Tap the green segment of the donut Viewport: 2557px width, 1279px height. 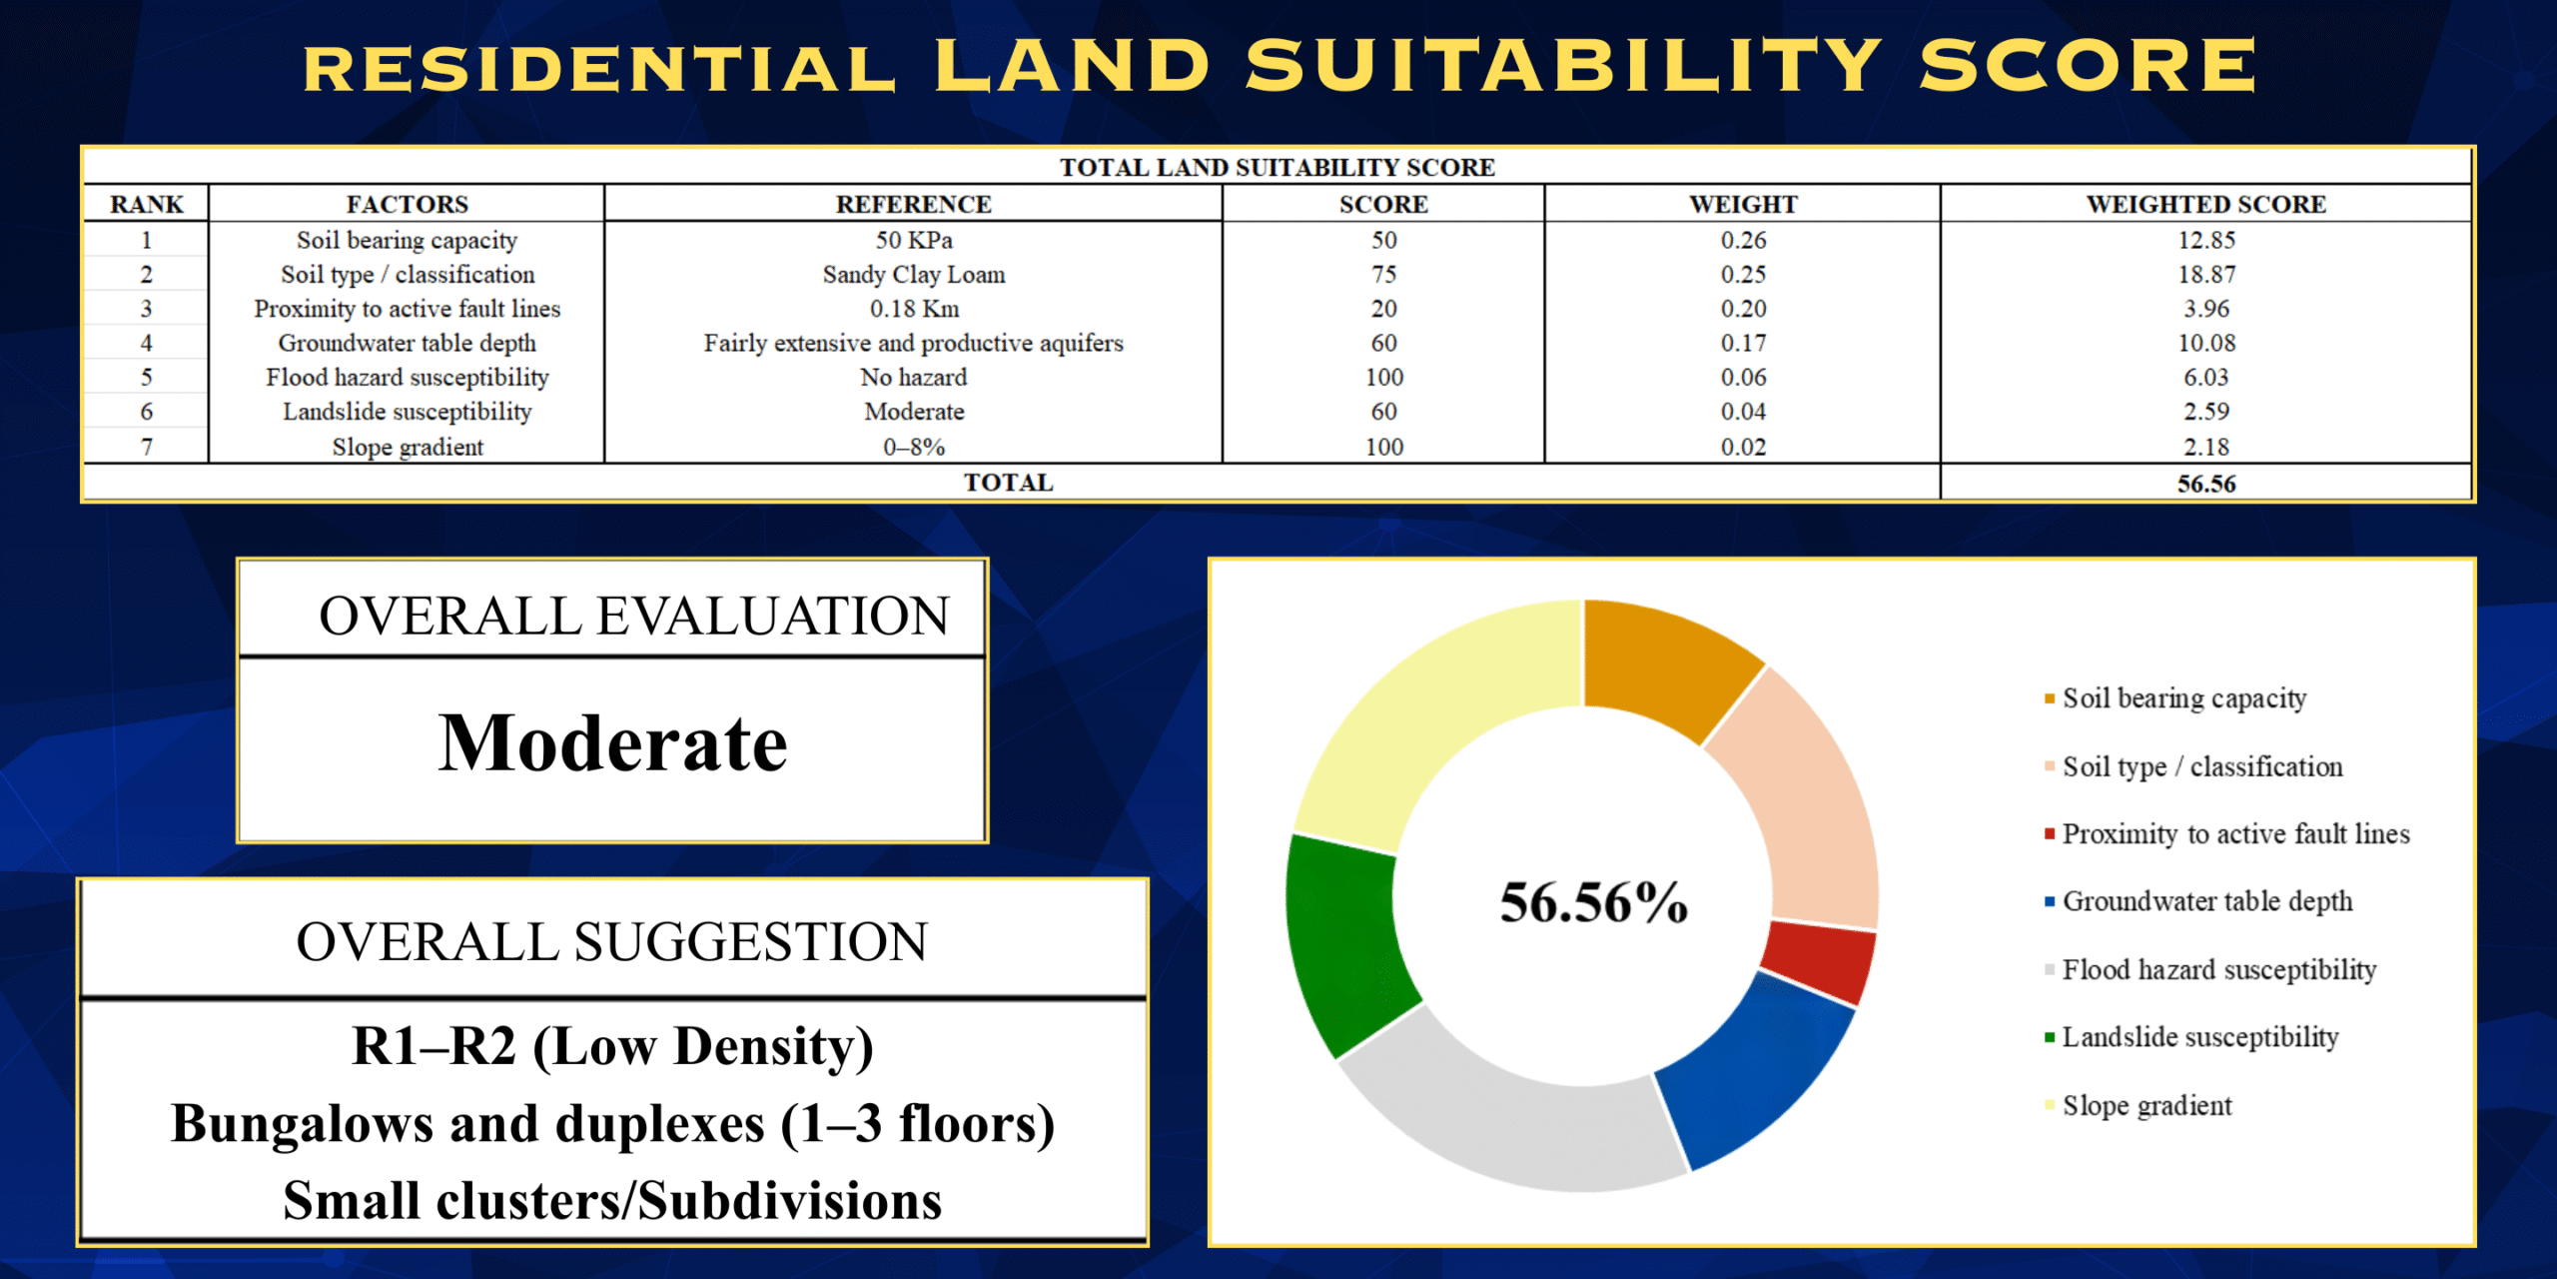click(1343, 944)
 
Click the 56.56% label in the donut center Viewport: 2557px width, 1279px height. click(1593, 902)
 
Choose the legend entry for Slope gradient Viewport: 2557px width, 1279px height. click(2146, 1105)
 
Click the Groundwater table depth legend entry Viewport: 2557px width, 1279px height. click(2206, 901)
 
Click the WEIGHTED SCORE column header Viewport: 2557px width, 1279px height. click(2205, 204)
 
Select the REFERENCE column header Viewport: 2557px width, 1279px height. click(913, 204)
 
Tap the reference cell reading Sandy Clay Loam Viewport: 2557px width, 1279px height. click(913, 275)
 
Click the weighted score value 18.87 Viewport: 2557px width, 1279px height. click(2205, 275)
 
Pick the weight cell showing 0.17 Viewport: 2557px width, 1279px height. click(1743, 343)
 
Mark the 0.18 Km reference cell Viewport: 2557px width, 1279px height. click(913, 309)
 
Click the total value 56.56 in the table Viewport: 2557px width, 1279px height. click(2205, 484)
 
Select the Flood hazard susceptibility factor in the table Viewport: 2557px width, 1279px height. click(407, 378)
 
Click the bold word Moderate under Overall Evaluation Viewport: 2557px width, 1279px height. click(612, 744)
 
